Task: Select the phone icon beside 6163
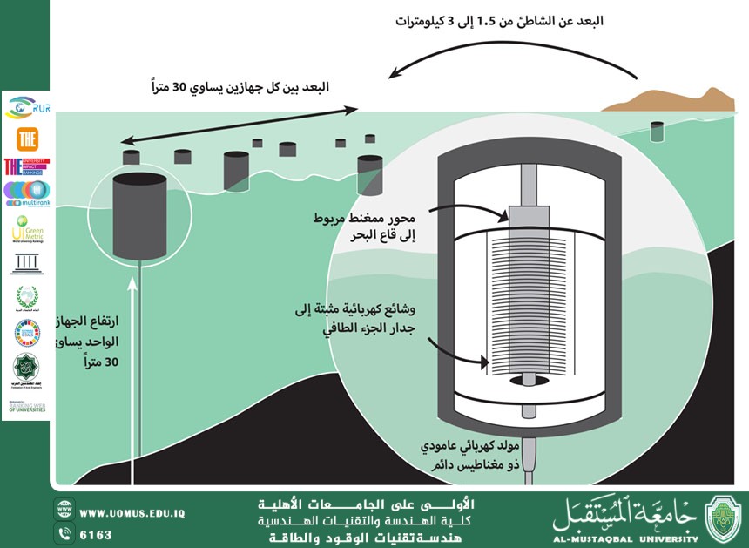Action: click(x=64, y=533)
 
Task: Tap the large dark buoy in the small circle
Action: click(x=139, y=213)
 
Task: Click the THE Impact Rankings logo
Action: click(x=26, y=166)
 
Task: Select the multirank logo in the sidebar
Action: click(x=26, y=193)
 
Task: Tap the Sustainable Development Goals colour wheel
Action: click(x=26, y=332)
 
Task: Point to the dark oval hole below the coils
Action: click(x=526, y=380)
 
